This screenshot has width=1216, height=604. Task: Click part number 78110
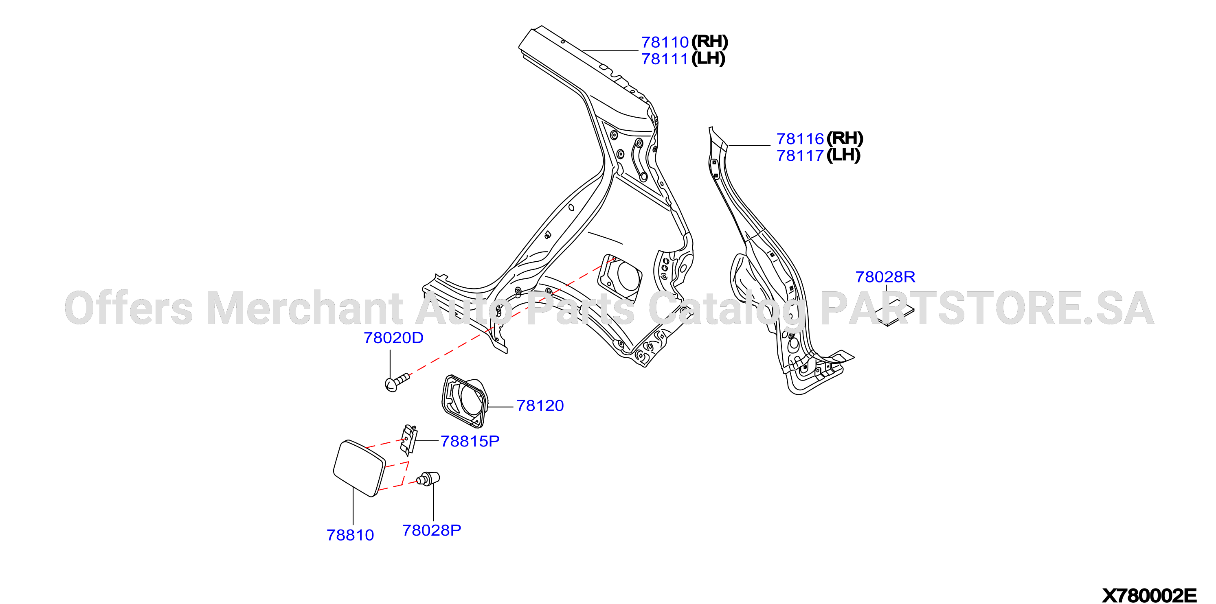pyautogui.click(x=665, y=42)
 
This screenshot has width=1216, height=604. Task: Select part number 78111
pyautogui.click(x=665, y=59)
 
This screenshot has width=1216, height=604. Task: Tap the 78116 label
pyautogui.click(x=800, y=139)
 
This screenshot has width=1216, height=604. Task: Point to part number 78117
pyautogui.click(x=800, y=156)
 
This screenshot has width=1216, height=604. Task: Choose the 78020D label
pyautogui.click(x=393, y=338)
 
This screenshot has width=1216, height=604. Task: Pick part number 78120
pyautogui.click(x=540, y=406)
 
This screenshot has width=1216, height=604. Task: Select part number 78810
pyautogui.click(x=350, y=535)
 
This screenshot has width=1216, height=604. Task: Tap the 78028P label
pyautogui.click(x=431, y=530)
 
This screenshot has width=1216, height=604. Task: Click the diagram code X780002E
pyautogui.click(x=1150, y=595)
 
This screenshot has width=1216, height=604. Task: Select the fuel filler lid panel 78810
pyautogui.click(x=359, y=468)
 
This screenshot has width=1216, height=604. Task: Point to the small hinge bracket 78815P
pyautogui.click(x=409, y=440)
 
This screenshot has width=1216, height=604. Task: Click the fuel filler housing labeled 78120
pyautogui.click(x=464, y=401)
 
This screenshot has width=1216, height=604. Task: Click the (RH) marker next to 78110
pyautogui.click(x=709, y=42)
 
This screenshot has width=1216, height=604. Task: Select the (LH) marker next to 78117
pyautogui.click(x=843, y=155)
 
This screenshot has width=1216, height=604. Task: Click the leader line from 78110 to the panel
pyautogui.click(x=610, y=50)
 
